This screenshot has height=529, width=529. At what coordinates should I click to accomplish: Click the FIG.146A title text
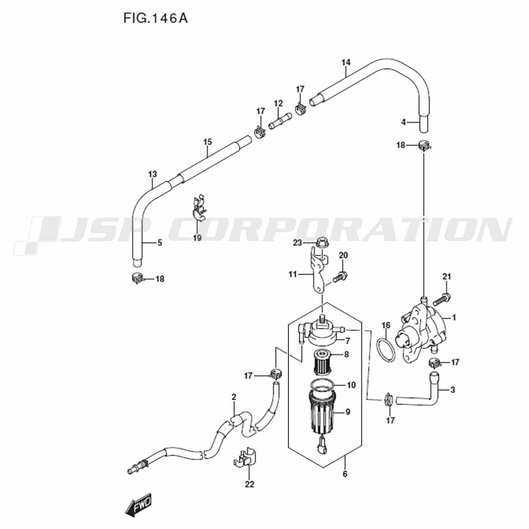point(155,18)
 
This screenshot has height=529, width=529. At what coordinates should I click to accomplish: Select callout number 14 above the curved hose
point(346,62)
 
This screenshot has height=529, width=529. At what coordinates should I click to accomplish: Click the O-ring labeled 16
point(386,350)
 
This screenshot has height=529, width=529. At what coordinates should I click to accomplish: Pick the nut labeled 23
point(322,243)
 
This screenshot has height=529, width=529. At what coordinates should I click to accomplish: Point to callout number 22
point(250,484)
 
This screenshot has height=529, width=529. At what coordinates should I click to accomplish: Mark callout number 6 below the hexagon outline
point(345,474)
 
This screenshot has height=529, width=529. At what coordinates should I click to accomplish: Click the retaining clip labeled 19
point(198,208)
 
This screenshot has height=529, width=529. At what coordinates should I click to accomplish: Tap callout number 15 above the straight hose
point(208,142)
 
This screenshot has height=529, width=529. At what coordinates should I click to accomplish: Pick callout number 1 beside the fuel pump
point(454,317)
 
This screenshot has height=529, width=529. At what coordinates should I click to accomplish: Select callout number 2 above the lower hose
point(234,397)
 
